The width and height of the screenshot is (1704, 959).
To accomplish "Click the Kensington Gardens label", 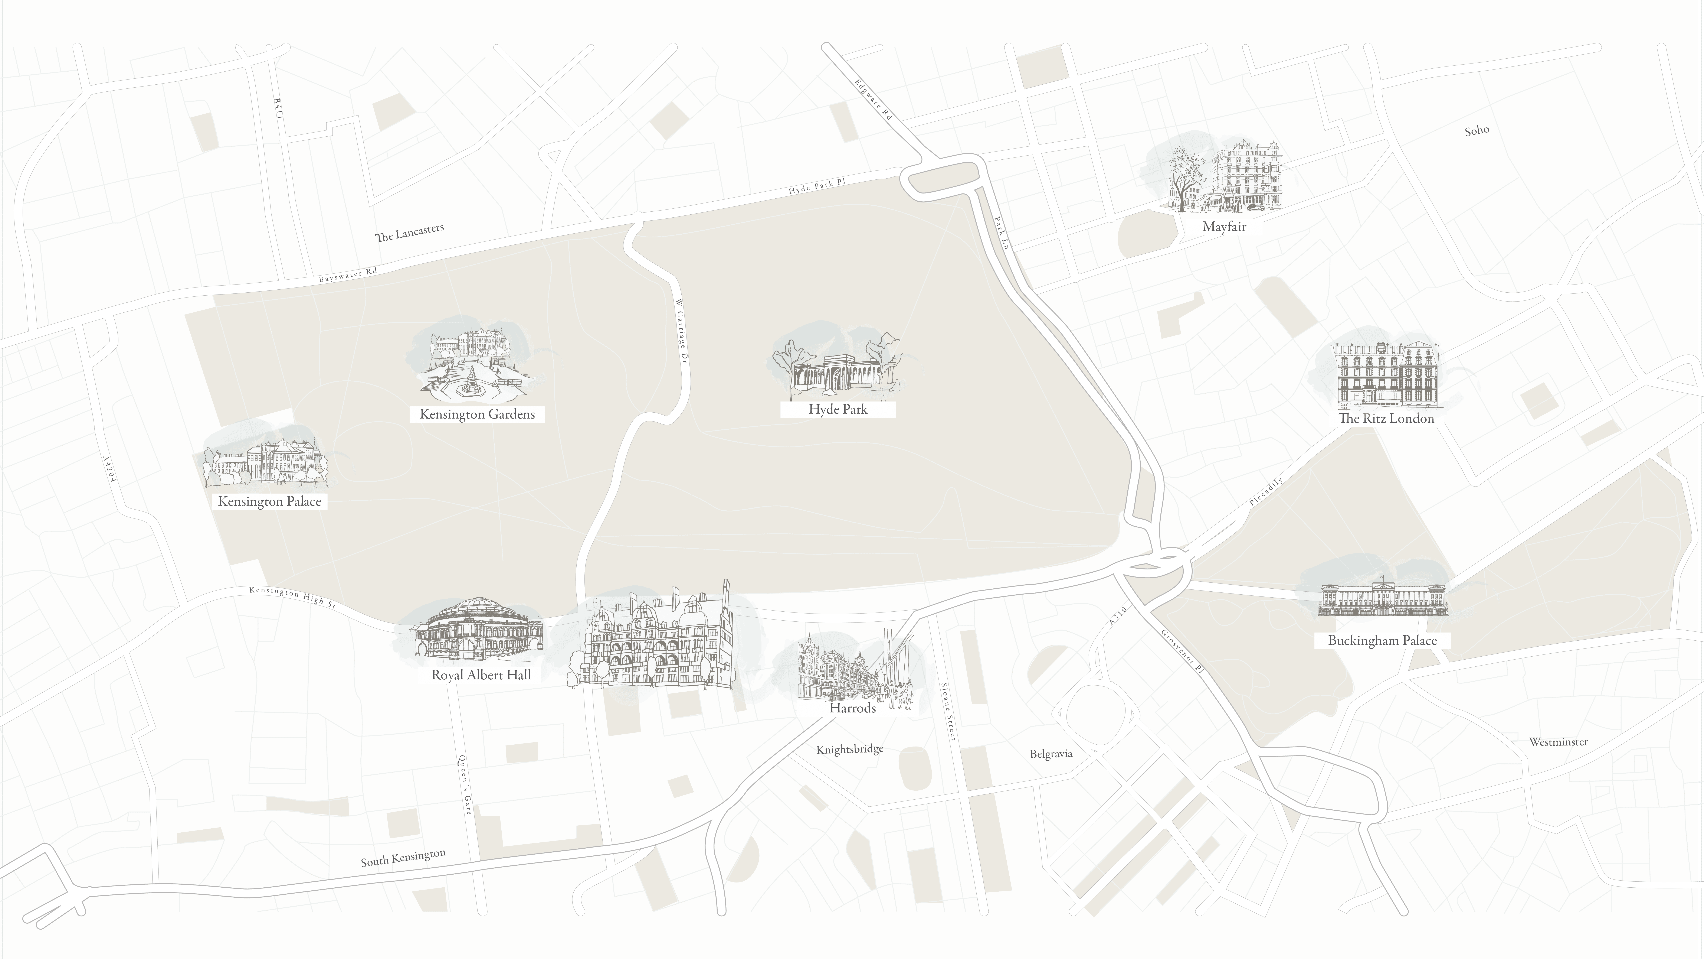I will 477,414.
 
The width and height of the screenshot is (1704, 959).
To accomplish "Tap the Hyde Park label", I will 838,409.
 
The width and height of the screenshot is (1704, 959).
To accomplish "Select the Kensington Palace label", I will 270,501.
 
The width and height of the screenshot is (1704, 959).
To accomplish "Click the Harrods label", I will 853,708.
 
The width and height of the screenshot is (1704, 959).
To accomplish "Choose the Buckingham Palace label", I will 1383,640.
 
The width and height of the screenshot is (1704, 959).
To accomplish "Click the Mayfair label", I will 1224,226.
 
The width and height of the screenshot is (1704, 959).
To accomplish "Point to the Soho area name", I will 1477,130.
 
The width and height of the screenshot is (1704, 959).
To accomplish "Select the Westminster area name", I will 1559,742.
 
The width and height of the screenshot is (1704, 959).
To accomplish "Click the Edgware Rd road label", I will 873,99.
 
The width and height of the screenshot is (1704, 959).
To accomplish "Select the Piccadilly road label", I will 1266,492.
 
